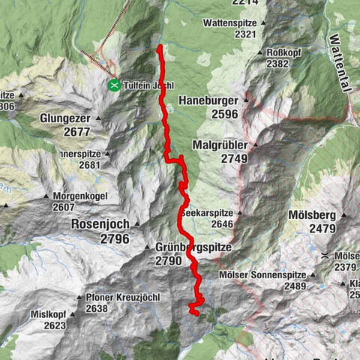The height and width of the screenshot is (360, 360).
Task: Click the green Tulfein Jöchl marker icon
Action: (x=114, y=85)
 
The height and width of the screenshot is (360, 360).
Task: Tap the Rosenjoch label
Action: (x=99, y=223)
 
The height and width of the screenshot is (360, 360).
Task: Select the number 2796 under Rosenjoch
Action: (x=110, y=238)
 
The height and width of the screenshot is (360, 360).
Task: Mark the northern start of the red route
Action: (x=160, y=47)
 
